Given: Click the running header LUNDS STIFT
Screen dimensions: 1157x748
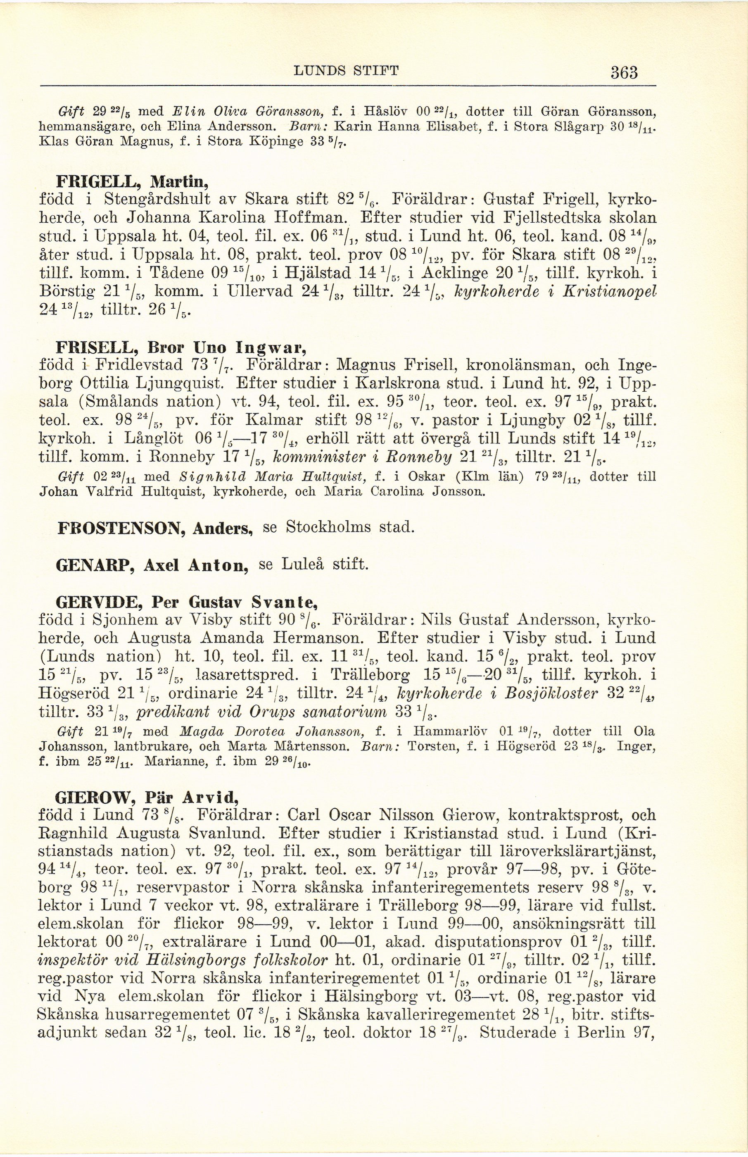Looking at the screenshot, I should (346, 71).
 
